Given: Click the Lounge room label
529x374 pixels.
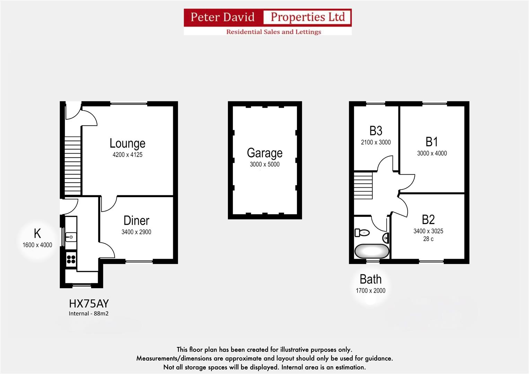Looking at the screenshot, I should [x=127, y=143].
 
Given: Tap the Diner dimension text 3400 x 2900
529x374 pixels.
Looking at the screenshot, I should [x=136, y=232].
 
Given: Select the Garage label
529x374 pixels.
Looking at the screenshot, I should [x=265, y=153].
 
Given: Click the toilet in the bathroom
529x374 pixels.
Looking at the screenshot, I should [x=362, y=233].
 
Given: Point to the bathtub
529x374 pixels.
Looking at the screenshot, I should [x=372, y=251].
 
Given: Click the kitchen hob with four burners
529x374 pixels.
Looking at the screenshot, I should [x=71, y=259].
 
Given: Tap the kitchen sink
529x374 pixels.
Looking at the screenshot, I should [x=71, y=237].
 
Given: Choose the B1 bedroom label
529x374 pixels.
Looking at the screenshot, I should [x=432, y=142].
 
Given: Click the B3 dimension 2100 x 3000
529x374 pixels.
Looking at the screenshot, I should [x=376, y=142].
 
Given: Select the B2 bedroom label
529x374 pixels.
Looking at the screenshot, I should [x=428, y=220].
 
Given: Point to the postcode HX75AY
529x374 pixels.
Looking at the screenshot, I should [x=89, y=304].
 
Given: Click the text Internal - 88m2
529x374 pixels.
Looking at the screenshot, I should [x=88, y=314].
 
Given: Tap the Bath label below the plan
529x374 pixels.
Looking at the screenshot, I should [x=370, y=279].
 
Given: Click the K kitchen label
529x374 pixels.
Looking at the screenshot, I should [x=37, y=234].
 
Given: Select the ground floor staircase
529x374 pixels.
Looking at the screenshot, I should [x=73, y=166].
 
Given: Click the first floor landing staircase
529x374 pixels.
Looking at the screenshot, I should [x=363, y=186].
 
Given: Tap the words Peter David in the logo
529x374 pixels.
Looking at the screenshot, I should [x=222, y=17].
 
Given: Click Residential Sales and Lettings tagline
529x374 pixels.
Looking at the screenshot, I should [x=273, y=32].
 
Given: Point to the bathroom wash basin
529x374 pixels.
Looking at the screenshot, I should [x=386, y=238].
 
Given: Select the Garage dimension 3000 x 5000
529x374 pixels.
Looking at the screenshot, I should [x=265, y=164].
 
